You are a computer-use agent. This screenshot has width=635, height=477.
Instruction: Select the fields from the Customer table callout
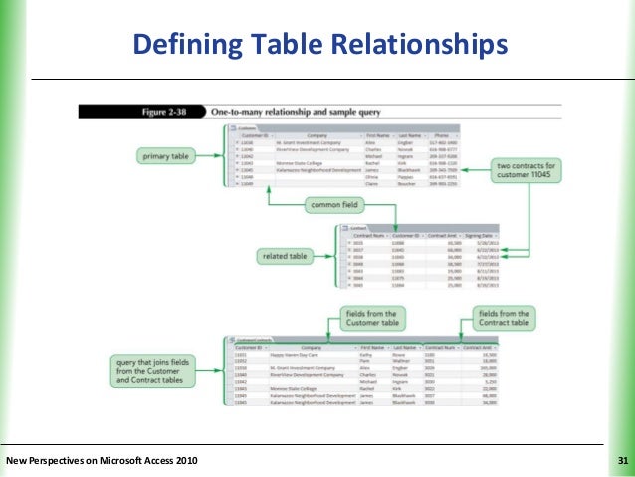369,318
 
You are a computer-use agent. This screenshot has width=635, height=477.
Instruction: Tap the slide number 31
623,460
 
